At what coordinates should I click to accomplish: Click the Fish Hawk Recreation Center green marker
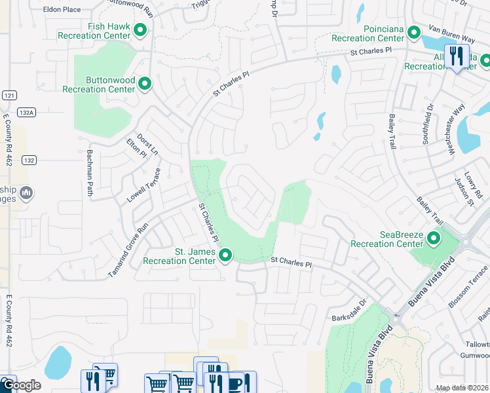[x=140, y=30]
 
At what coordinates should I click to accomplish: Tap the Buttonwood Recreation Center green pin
[x=145, y=84]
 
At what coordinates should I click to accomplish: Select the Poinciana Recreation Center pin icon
[x=413, y=32]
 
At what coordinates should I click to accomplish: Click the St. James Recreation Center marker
[x=225, y=255]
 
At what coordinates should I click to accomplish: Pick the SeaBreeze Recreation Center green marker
[x=433, y=238]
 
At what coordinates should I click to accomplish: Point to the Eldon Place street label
[x=62, y=10]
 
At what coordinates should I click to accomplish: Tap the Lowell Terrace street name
[x=144, y=185]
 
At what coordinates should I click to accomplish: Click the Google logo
[x=21, y=385]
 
